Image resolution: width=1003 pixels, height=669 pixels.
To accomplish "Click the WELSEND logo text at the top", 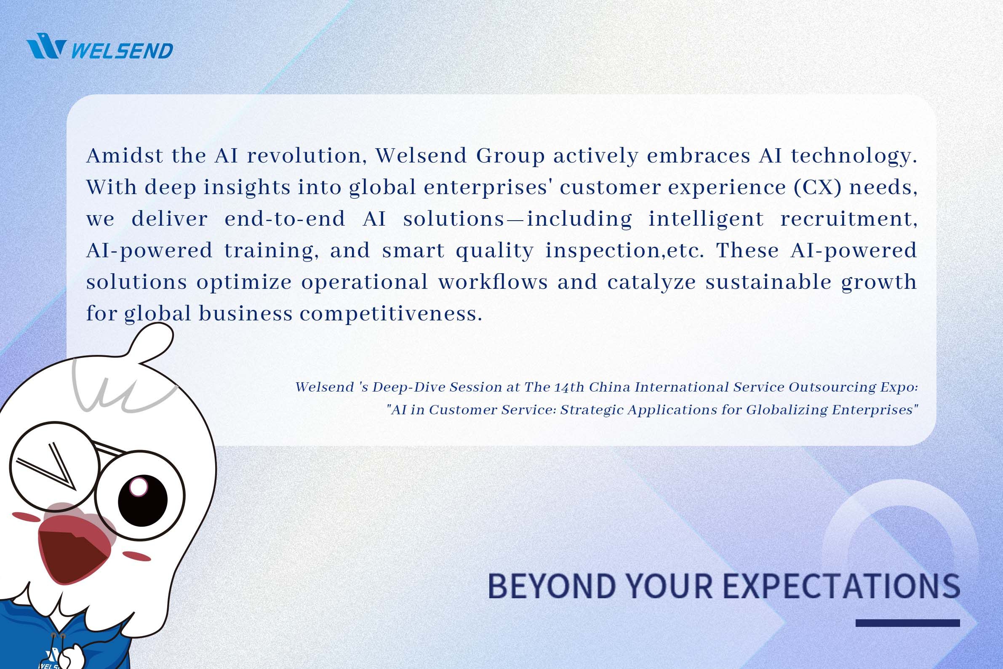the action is pos(122,51).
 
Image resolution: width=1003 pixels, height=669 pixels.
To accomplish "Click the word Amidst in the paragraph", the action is pos(125,155).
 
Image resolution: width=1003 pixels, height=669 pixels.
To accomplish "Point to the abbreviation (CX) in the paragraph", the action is pos(818,187).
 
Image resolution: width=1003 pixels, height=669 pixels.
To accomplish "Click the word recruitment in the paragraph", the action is pos(848,219).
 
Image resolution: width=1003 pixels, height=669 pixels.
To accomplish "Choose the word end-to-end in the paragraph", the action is pos(285,219).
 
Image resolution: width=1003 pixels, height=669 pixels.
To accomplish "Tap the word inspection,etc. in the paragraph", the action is pos(624,251).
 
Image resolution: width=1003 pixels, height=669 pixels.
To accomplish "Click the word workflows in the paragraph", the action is pos(493,282).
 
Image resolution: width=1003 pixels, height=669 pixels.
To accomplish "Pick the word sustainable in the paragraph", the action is pos(768,282).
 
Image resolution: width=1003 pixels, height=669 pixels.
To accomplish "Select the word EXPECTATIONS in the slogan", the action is pos(842,586).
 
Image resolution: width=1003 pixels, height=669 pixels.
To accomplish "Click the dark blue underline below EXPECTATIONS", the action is pos(908,624).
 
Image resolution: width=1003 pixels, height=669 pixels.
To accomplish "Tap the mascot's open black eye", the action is pos(142,500).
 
